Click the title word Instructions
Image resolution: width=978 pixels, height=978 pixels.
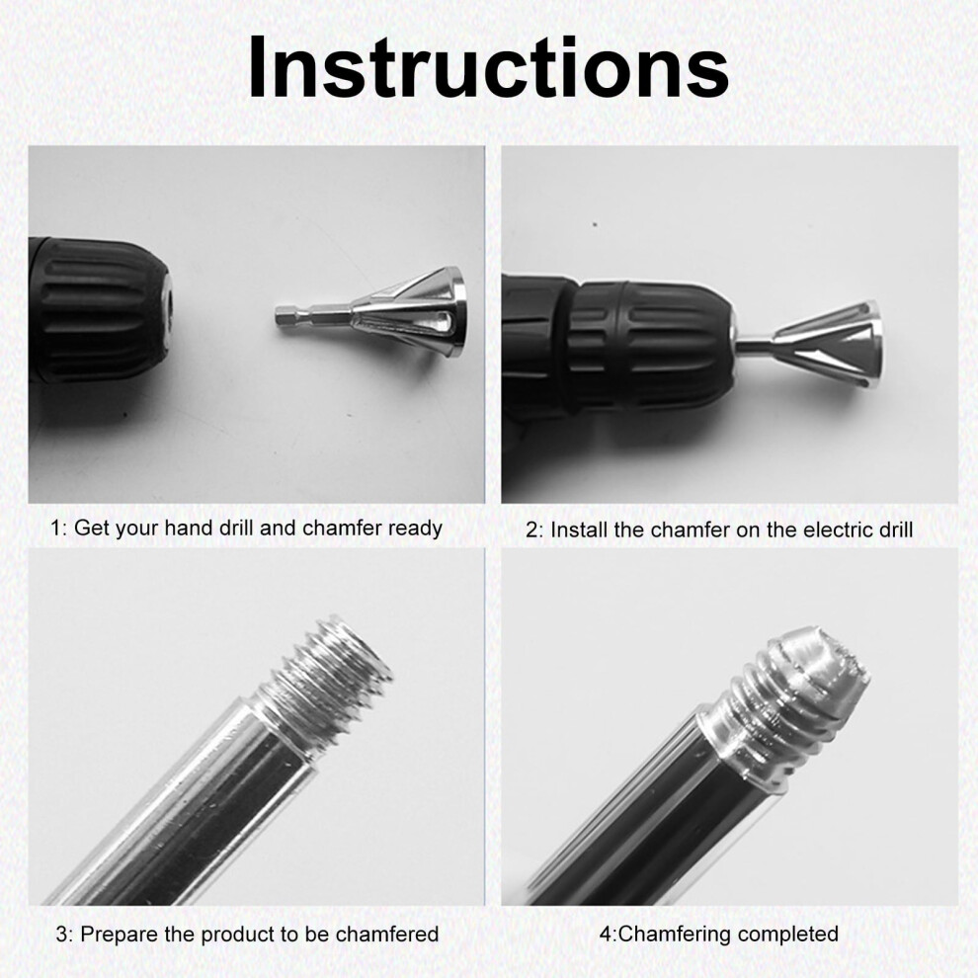tap(488, 67)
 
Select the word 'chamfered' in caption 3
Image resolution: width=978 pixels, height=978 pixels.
tap(386, 934)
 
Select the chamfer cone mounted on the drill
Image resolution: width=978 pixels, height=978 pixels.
tap(828, 340)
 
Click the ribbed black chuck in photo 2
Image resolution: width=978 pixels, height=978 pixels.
tap(649, 344)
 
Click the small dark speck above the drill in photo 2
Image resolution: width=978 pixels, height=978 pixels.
tap(595, 224)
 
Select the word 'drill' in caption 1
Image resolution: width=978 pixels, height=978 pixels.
tap(236, 528)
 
